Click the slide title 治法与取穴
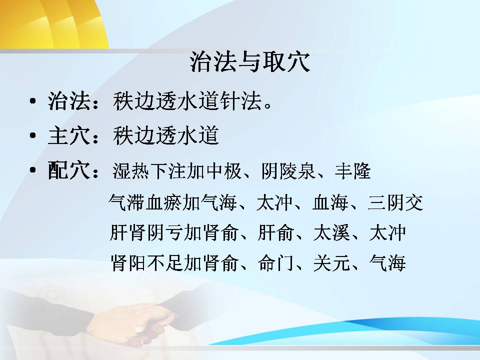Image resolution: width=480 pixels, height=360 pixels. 250,62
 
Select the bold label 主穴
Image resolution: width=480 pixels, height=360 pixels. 69,135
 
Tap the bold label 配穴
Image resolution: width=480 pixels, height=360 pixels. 69,170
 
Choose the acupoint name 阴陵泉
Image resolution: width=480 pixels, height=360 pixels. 288,171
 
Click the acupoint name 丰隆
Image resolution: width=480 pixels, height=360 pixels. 352,171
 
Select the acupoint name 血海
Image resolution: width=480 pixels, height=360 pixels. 330,202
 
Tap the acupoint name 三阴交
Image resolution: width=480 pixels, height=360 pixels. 395,202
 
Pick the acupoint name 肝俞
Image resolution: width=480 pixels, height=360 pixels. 276,232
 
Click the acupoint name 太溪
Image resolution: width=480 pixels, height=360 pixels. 331,232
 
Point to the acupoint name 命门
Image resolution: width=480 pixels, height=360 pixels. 276,263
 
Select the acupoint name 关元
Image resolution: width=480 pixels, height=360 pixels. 331,263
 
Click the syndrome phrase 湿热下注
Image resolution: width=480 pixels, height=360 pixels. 149,171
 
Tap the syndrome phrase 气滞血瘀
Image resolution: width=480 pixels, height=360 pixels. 145,202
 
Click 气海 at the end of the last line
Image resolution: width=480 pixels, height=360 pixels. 387,263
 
